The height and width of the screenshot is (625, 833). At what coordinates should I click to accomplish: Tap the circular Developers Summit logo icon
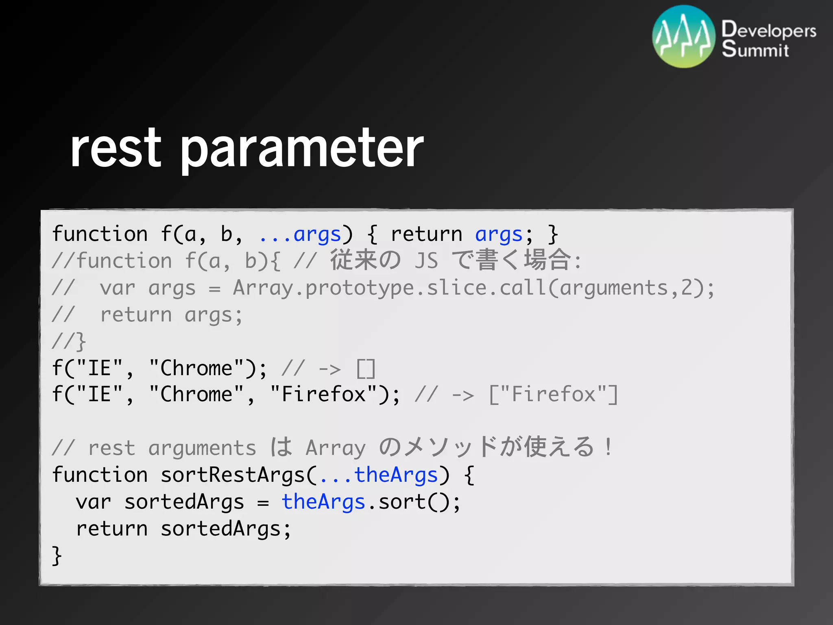pyautogui.click(x=684, y=37)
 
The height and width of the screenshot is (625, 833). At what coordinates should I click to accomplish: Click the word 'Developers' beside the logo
pyautogui.click(x=769, y=30)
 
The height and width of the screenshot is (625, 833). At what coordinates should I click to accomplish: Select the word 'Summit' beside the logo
pyautogui.click(x=755, y=50)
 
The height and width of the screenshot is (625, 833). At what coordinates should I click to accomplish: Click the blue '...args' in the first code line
pyautogui.click(x=300, y=235)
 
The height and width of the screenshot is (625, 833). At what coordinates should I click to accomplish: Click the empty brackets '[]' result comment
pyautogui.click(x=366, y=369)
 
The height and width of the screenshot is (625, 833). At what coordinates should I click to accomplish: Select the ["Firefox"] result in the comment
pyautogui.click(x=554, y=395)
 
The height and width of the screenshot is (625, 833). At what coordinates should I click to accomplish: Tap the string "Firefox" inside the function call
pyautogui.click(x=324, y=395)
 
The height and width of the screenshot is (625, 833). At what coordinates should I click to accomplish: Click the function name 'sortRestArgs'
pyautogui.click(x=233, y=475)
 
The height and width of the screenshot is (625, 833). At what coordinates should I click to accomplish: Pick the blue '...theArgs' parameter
pyautogui.click(x=379, y=475)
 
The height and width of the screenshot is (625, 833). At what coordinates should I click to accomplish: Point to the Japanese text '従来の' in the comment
pyautogui.click(x=365, y=260)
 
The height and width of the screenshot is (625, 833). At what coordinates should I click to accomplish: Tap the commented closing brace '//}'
pyautogui.click(x=69, y=341)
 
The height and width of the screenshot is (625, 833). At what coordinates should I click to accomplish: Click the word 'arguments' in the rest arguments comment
pyautogui.click(x=202, y=448)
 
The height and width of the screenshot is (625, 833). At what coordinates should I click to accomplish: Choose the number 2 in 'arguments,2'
pyautogui.click(x=686, y=288)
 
